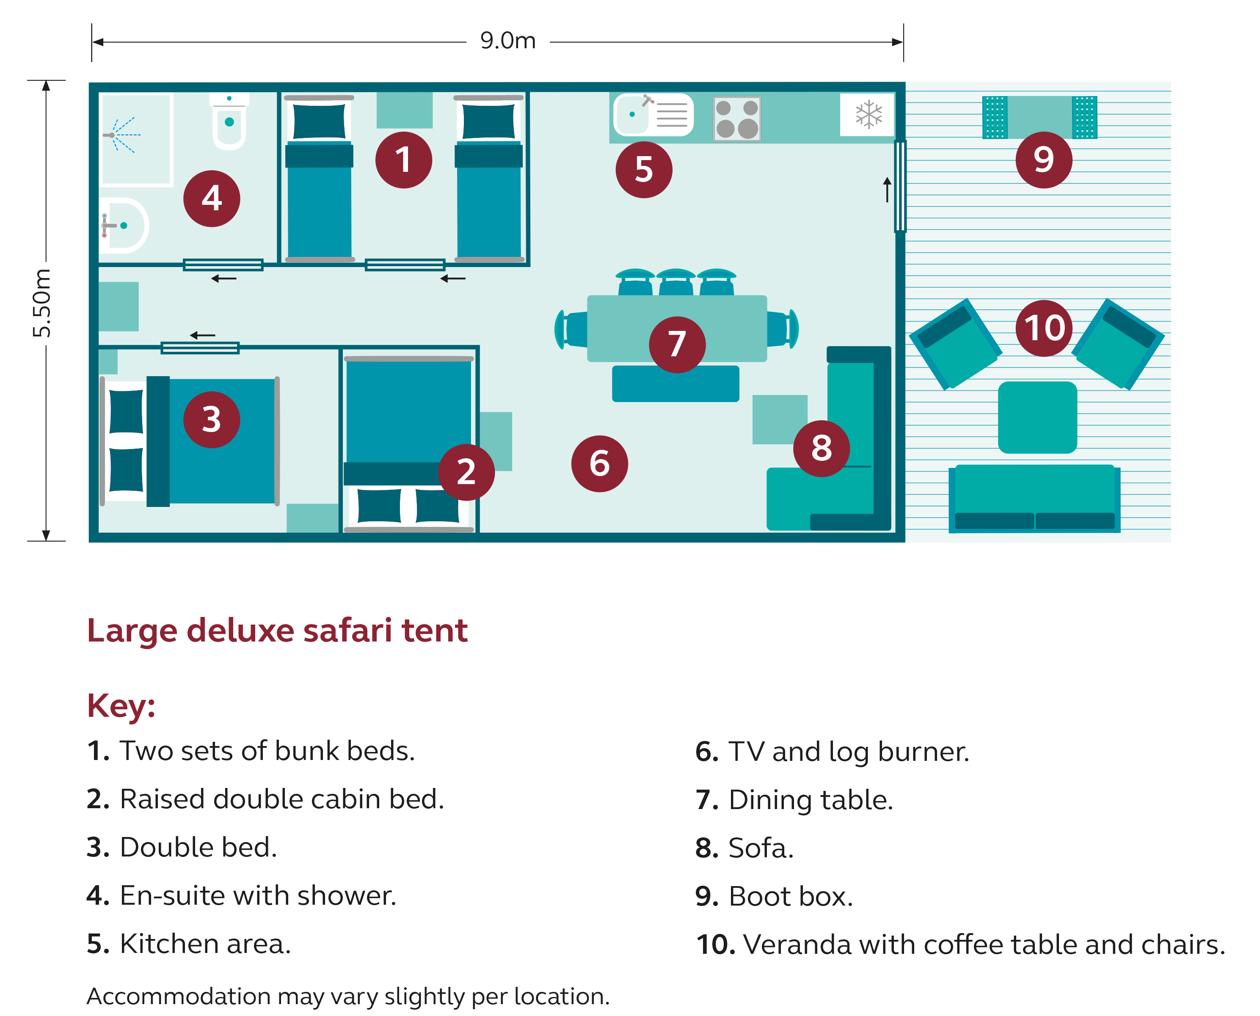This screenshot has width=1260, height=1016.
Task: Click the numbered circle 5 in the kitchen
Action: (643, 170)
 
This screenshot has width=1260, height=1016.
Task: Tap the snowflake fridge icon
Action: (868, 115)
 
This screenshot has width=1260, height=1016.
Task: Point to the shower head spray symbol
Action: (123, 135)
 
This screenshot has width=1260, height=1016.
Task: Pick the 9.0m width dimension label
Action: (507, 41)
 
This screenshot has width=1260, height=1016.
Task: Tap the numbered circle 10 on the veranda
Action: (1044, 328)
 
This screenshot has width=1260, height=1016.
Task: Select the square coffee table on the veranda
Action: (1037, 417)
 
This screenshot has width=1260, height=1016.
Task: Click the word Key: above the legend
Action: (121, 705)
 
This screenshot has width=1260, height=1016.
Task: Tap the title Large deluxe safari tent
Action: (277, 631)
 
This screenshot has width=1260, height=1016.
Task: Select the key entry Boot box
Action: (774, 896)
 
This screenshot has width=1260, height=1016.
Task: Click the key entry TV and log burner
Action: (832, 752)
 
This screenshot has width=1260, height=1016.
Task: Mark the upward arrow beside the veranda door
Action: (887, 190)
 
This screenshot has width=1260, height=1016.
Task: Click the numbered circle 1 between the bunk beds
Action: (403, 160)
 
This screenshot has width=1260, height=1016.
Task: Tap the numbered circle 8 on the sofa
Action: (821, 448)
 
